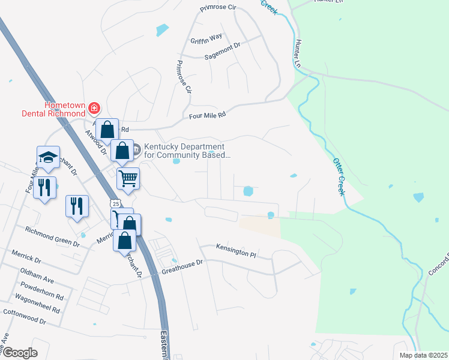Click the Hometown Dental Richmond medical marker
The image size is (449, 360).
(x=94, y=108)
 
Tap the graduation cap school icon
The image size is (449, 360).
(x=48, y=157)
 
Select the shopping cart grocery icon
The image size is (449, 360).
(x=128, y=178)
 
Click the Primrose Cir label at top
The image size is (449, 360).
(x=220, y=9)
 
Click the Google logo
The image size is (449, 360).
(x=20, y=353)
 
